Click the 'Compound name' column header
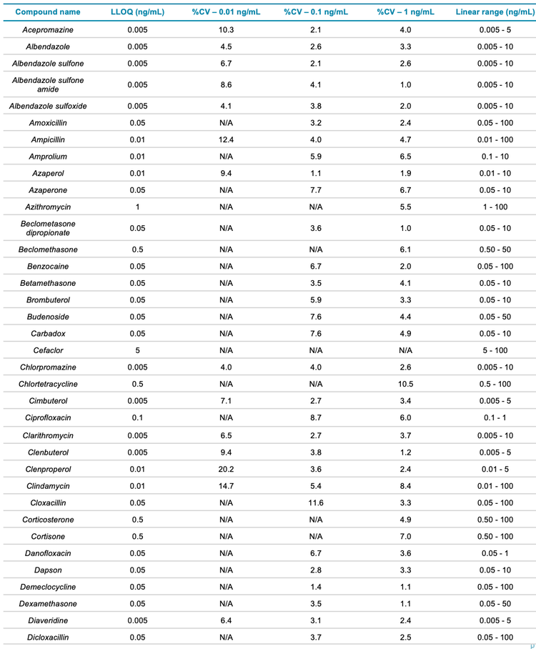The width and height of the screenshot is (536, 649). (x=48, y=12)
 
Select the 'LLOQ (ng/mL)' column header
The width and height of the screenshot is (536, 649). (x=138, y=12)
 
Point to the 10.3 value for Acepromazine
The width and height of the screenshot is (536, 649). (x=227, y=30)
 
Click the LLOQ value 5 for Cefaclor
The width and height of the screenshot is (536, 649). (x=138, y=350)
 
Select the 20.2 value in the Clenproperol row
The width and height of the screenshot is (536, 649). (x=227, y=470)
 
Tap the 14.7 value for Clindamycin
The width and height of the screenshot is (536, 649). (x=227, y=486)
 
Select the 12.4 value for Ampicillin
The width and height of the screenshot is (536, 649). (x=227, y=139)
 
